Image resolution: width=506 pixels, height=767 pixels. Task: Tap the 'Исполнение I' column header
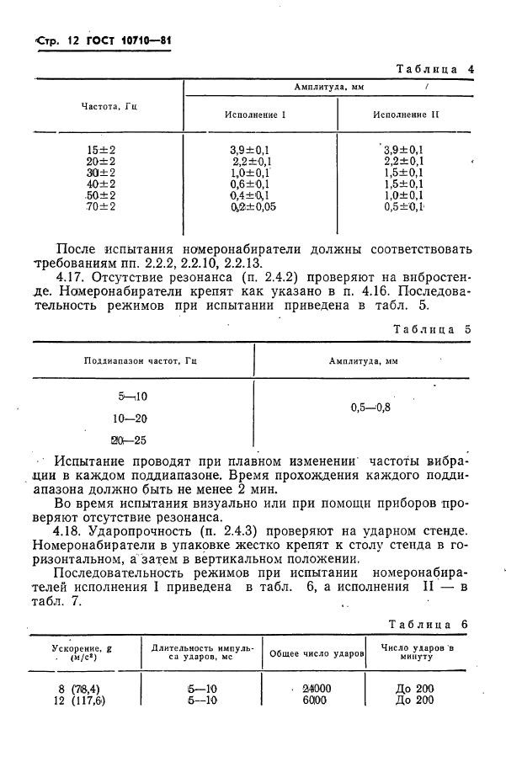tap(254, 115)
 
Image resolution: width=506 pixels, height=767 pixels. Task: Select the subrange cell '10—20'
tap(129, 418)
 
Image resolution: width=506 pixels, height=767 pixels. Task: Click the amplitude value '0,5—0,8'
tap(370, 407)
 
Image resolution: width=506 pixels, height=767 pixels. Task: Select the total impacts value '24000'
tap(317, 688)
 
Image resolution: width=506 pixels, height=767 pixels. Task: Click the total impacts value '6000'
tap(317, 700)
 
